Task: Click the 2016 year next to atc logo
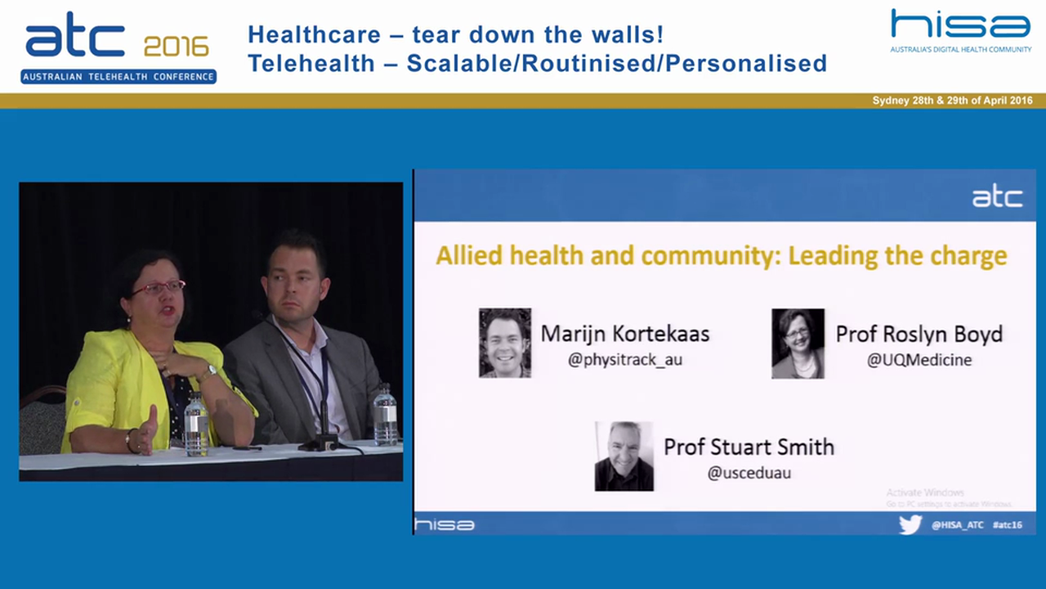point(177,47)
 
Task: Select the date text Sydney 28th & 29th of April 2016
point(952,101)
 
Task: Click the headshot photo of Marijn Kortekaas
point(505,343)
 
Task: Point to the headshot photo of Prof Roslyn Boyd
point(798,343)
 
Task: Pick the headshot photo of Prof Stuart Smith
point(624,456)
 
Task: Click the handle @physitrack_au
point(625,359)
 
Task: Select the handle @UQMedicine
point(919,359)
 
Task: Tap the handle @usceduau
point(749,472)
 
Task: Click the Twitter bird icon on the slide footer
point(910,524)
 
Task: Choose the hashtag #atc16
point(1007,525)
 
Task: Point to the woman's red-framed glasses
point(158,288)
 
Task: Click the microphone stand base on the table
point(318,444)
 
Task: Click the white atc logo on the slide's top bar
point(996,197)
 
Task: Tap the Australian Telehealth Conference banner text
point(118,77)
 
